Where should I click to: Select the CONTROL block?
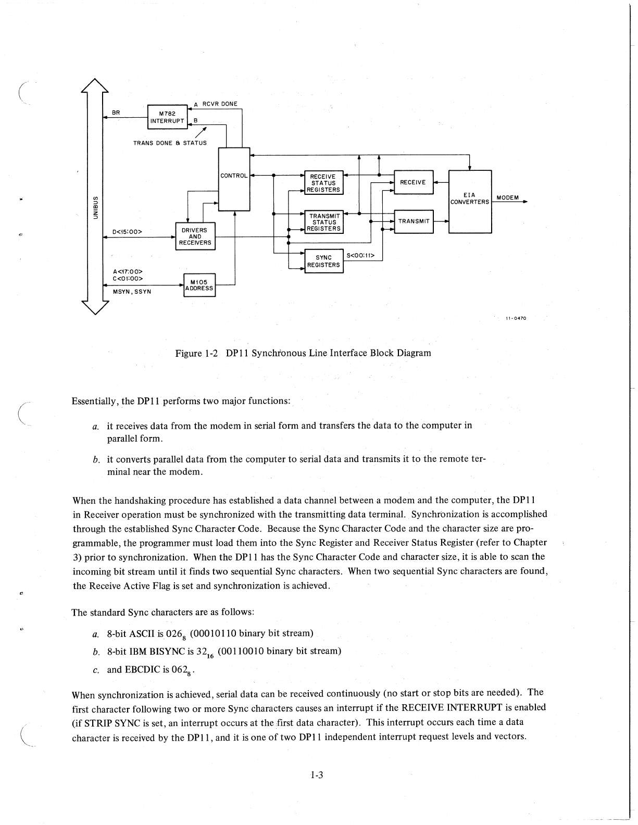coord(234,179)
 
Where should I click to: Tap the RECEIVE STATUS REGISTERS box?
coord(323,183)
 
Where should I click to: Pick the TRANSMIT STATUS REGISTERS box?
coord(324,222)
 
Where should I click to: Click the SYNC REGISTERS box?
coord(323,261)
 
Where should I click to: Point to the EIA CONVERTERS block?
coord(470,201)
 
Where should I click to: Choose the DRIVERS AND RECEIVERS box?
coord(195,236)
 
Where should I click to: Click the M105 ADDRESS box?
coord(199,285)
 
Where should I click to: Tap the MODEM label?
coord(507,198)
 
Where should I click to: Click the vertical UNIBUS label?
coord(95,207)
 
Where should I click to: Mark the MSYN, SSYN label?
coord(132,292)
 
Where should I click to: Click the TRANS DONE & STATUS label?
coord(170,143)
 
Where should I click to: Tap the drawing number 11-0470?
coord(516,319)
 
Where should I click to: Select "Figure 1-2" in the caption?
coord(195,353)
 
